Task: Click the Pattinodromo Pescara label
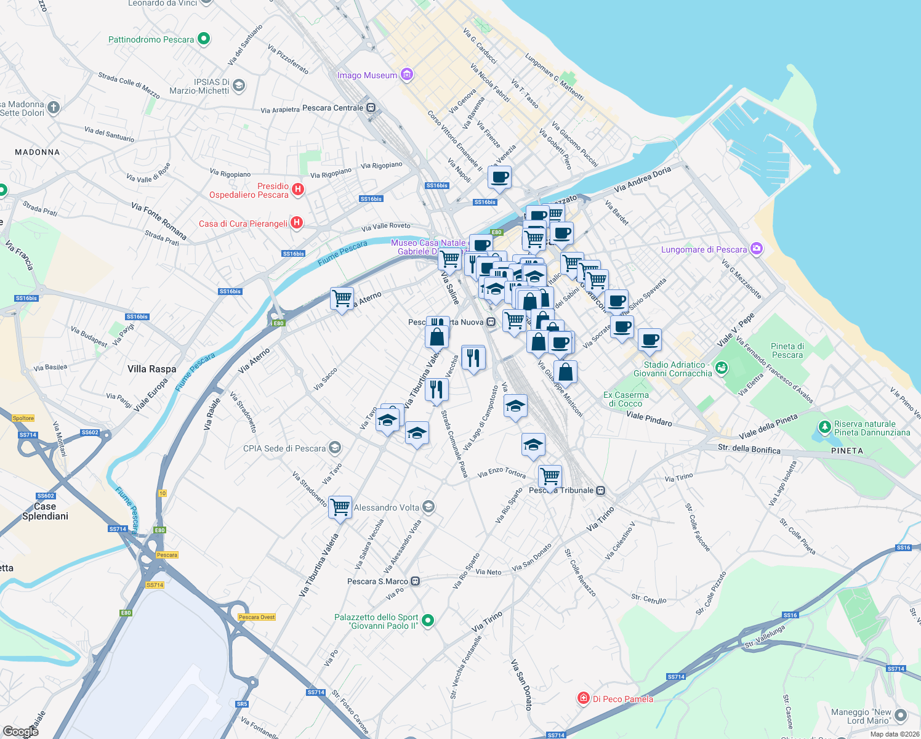[x=151, y=39]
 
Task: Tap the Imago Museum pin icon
[x=406, y=75]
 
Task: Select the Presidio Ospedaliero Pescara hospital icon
[x=298, y=189]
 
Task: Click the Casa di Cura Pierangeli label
[x=243, y=224]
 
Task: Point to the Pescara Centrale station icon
[x=371, y=108]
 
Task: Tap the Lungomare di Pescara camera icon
[x=757, y=249]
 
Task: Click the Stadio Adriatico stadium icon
[x=722, y=368]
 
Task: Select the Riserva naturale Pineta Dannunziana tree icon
[x=824, y=427]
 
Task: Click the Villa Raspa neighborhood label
[x=151, y=369]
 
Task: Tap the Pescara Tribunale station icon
[x=601, y=490]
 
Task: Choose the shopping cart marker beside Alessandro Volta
[x=340, y=507]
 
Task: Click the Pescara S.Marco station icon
[x=416, y=581]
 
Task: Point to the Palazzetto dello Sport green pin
[x=428, y=620]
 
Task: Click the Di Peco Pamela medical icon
[x=583, y=698]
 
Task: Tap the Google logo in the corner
[x=20, y=731]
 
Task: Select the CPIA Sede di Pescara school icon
[x=335, y=447]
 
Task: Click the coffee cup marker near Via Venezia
[x=499, y=177]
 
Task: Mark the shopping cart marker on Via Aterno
[x=342, y=299]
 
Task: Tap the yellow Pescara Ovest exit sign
[x=257, y=617]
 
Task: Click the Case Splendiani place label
[x=45, y=511]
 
